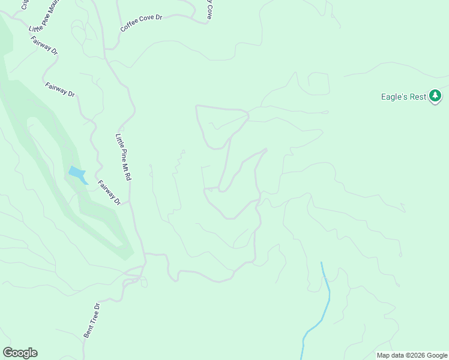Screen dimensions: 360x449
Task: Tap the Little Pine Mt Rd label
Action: tap(123, 158)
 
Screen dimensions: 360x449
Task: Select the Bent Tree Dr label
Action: tap(91, 320)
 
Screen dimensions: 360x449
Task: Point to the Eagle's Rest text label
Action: tap(403, 97)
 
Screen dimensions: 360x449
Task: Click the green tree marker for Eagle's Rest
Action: tap(435, 96)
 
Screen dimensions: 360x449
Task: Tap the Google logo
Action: tap(20, 353)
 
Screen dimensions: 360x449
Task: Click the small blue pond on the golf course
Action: tap(77, 174)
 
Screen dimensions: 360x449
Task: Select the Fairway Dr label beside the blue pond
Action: tap(109, 193)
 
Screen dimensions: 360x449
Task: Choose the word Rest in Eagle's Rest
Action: tap(418, 97)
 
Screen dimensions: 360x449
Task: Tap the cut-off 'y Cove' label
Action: tap(209, 9)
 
